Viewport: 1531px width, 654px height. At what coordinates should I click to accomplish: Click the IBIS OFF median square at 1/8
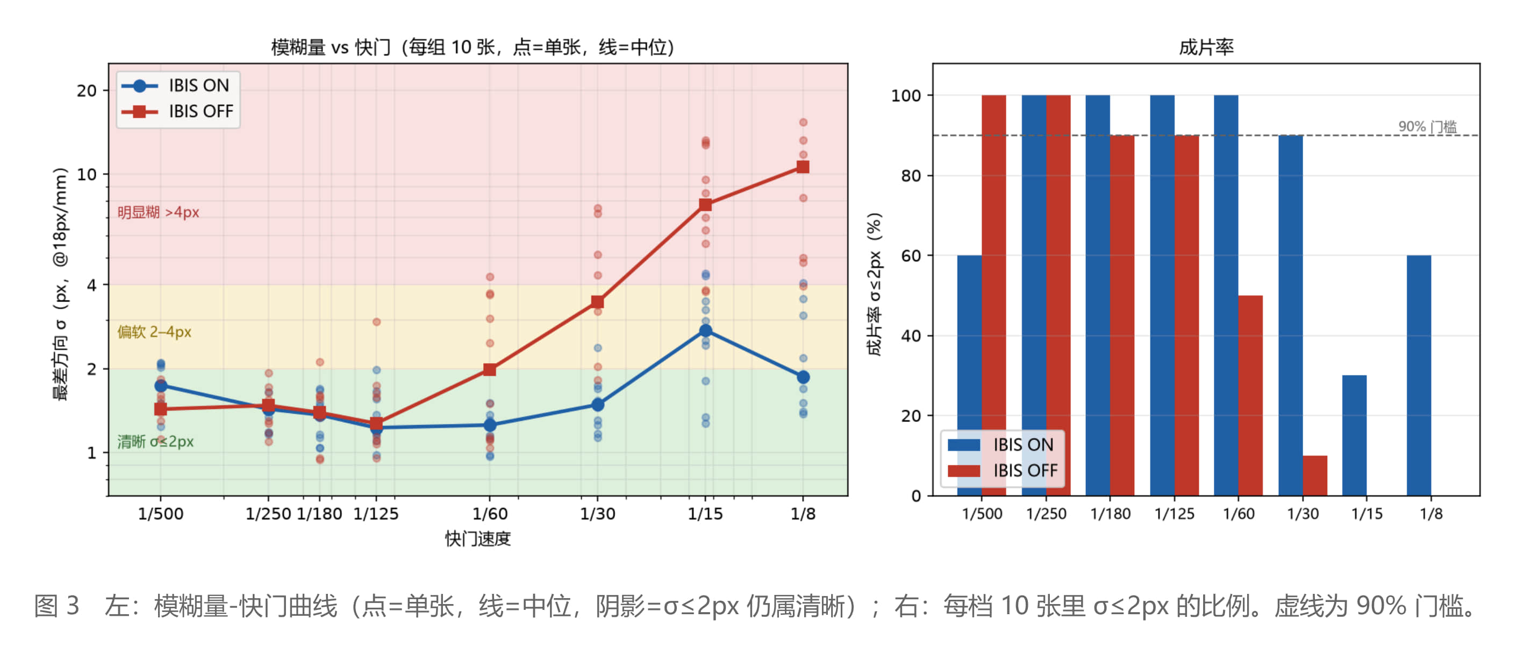click(803, 167)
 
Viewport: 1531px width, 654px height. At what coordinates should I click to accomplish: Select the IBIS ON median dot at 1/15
click(705, 331)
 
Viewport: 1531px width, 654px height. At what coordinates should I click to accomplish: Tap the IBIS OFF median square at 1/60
click(490, 370)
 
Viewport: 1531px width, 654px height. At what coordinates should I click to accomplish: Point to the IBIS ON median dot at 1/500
click(161, 385)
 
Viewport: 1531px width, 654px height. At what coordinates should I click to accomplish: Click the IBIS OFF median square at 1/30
click(597, 302)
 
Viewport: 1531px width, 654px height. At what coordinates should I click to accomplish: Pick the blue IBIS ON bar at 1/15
click(1355, 435)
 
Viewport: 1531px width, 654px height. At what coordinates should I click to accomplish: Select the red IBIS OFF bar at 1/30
click(1315, 475)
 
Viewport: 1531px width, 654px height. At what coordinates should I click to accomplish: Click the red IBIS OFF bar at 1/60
click(1250, 396)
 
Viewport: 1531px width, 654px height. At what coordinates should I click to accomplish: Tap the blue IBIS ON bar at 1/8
click(1419, 376)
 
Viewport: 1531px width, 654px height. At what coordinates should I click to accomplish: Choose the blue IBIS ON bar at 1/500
click(969, 376)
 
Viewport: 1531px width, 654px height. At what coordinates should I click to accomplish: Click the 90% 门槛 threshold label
click(1427, 126)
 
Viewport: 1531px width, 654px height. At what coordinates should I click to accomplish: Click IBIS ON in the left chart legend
click(198, 85)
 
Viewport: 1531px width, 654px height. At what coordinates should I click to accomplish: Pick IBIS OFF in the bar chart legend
click(1025, 470)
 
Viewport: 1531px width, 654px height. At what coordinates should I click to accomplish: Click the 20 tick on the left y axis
click(86, 91)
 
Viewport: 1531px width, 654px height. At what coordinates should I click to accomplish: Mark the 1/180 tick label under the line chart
click(319, 514)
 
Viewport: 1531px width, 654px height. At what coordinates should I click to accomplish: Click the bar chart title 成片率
click(1206, 47)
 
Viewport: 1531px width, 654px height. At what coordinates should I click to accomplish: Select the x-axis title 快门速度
click(478, 539)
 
